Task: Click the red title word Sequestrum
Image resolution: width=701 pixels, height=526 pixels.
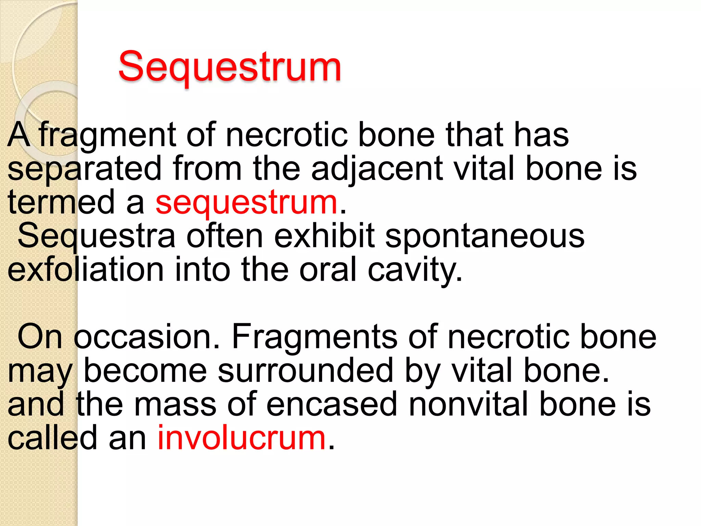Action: tap(230, 67)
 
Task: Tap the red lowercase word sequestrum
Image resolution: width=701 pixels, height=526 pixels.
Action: tap(247, 203)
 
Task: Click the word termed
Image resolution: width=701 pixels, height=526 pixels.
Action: tap(61, 203)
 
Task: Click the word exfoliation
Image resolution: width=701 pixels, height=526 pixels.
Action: tap(86, 270)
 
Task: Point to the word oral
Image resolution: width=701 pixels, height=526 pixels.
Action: tap(328, 270)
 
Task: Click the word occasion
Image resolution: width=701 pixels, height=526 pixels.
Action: tap(147, 337)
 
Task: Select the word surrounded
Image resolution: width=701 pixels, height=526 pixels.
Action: tap(305, 371)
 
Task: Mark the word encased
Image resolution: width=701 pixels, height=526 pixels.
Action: tap(332, 404)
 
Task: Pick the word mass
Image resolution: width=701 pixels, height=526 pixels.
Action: tap(175, 404)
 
